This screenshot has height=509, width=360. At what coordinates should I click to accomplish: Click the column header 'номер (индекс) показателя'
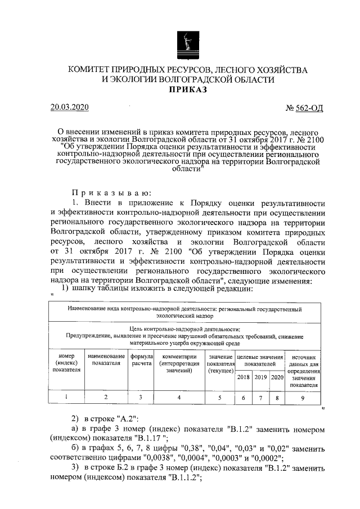(67, 363)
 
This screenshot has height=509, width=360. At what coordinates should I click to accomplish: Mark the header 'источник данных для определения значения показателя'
(305, 371)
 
